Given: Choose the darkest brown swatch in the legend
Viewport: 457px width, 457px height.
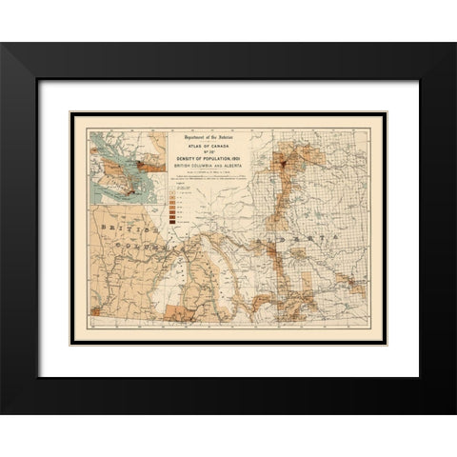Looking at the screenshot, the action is click(173, 221).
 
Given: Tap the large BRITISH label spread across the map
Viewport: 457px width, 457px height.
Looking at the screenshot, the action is click(121, 230).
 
